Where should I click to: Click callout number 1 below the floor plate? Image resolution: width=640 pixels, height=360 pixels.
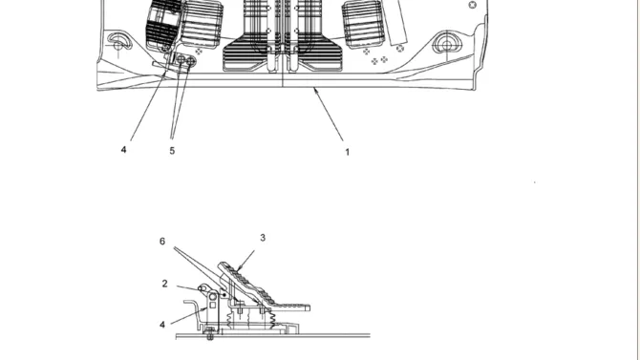(348, 152)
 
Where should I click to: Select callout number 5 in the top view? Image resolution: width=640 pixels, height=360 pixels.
(172, 151)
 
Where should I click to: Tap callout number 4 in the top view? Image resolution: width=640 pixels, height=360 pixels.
(123, 149)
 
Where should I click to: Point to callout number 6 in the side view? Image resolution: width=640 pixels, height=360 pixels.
(162, 242)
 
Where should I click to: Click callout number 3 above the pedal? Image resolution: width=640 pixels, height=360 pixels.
(263, 238)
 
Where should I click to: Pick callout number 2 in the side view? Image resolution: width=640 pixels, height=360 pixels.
(165, 284)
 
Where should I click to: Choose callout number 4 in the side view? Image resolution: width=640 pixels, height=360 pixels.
(162, 325)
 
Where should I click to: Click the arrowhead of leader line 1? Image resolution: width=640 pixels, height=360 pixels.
(314, 90)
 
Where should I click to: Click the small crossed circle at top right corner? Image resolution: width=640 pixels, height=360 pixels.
(473, 5)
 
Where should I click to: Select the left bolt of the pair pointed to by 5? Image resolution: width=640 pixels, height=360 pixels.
(181, 60)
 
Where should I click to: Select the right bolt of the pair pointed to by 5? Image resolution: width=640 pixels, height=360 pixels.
(191, 62)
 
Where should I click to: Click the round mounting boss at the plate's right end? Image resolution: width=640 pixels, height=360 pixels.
(447, 44)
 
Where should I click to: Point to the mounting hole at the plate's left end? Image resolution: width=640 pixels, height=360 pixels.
(118, 42)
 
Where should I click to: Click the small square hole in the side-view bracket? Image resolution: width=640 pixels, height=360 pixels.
(213, 306)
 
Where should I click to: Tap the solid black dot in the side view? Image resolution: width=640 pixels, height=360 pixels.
(224, 294)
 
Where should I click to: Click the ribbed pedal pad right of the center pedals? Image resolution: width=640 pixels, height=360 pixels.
(363, 24)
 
